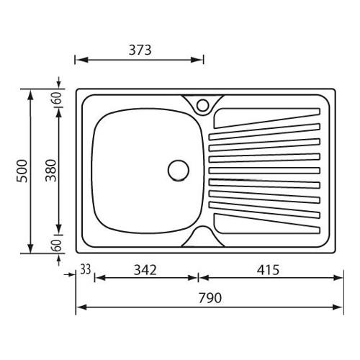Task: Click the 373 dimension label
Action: [140, 50]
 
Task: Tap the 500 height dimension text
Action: [22, 171]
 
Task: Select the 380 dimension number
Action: [51, 171]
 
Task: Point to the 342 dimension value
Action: [145, 270]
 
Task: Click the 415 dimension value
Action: [268, 270]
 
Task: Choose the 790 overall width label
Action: [210, 298]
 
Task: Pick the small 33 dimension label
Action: [86, 269]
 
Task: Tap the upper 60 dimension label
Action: [58, 98]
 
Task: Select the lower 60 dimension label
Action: [58, 246]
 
